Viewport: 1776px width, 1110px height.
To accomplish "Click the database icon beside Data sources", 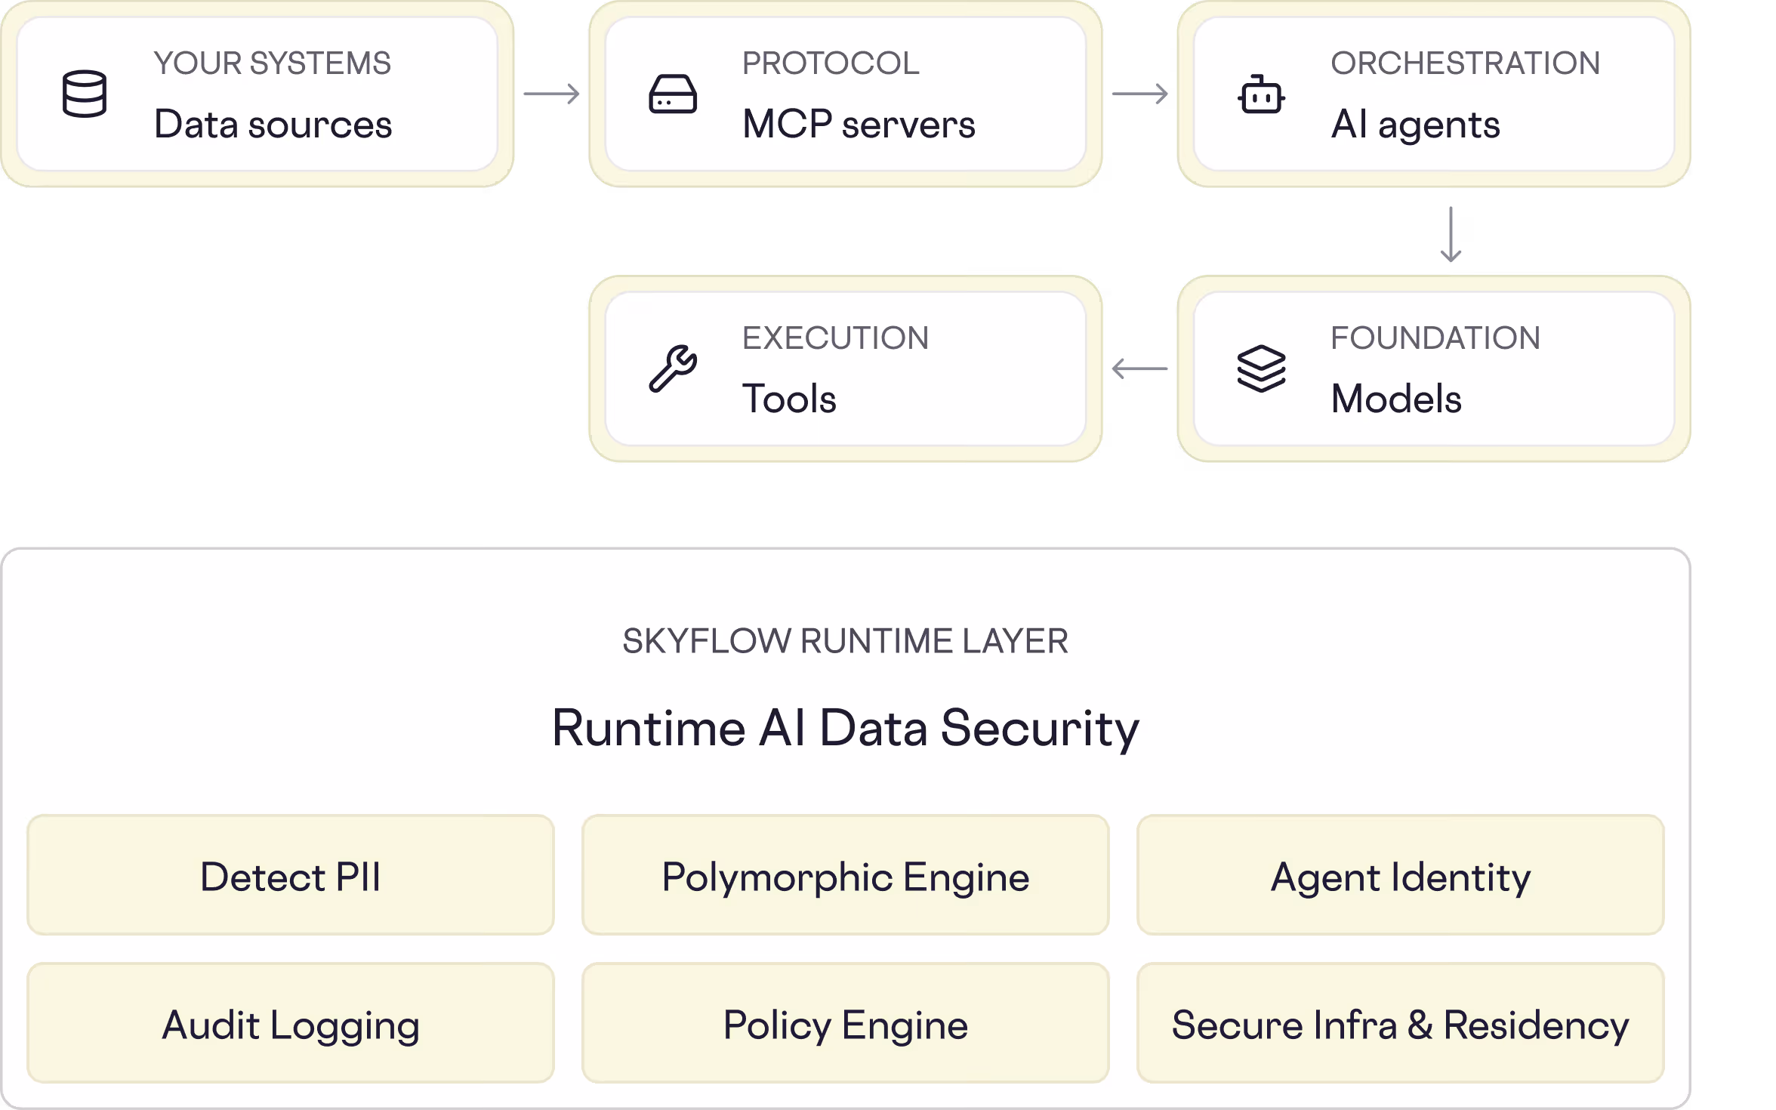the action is (84, 94).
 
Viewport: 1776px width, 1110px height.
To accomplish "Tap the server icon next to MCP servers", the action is (672, 94).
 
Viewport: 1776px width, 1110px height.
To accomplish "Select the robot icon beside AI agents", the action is (1261, 94).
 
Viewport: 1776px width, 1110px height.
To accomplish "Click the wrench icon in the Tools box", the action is (673, 368).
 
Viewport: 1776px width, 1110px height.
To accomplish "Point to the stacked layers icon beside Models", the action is (1261, 368).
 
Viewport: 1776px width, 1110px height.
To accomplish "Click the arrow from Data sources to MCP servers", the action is (552, 94).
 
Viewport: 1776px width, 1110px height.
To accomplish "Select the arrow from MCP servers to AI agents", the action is (1140, 94).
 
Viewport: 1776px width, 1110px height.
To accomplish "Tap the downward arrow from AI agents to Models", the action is (1451, 234).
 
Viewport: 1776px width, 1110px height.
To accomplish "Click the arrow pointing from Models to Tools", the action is (1140, 368).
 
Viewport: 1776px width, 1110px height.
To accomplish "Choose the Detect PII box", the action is (291, 874).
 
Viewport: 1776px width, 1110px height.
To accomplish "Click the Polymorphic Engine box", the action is (846, 874).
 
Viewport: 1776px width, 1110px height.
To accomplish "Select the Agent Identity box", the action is (1401, 874).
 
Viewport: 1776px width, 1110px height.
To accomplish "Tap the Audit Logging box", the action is (291, 1022).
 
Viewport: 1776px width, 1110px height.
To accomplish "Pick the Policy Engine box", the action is (846, 1022).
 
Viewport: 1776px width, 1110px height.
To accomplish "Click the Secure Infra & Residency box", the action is (1401, 1022).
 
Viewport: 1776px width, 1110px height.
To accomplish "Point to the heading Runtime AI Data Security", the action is (846, 729).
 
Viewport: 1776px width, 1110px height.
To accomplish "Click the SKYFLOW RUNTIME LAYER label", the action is (846, 641).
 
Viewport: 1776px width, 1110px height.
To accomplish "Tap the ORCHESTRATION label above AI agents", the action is (1465, 63).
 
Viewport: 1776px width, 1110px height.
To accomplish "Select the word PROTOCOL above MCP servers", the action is (831, 63).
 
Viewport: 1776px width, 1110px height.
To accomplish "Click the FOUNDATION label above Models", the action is (1435, 338).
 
